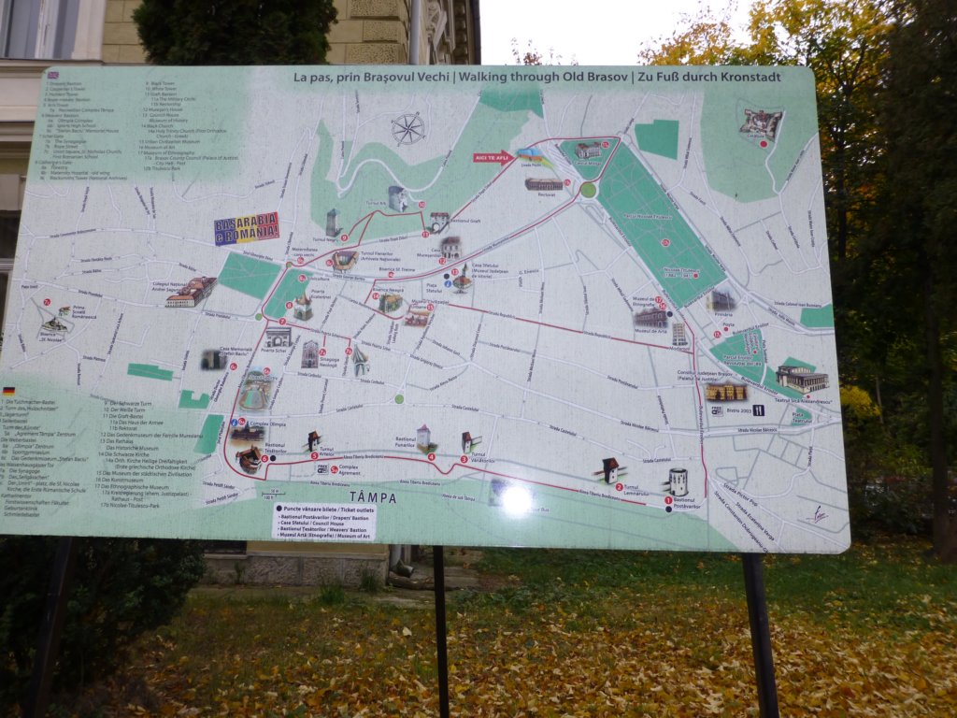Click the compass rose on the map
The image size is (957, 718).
pos(407,129)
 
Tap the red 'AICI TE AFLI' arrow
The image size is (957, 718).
pos(493,157)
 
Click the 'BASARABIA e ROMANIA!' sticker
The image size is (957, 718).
pos(247,227)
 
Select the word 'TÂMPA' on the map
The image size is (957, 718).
pos(374,497)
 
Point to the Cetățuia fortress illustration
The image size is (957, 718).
pos(760,124)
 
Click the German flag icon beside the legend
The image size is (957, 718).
pos(9,390)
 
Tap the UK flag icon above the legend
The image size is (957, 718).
pos(52,75)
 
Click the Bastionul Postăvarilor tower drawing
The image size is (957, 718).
pos(677,481)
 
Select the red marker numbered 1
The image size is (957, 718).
pos(668,501)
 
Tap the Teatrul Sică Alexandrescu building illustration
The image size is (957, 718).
pos(801,378)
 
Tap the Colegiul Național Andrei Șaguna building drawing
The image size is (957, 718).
pos(191,292)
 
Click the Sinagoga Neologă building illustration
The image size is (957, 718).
pos(310,353)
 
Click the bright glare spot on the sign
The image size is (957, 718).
pos(515,500)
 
